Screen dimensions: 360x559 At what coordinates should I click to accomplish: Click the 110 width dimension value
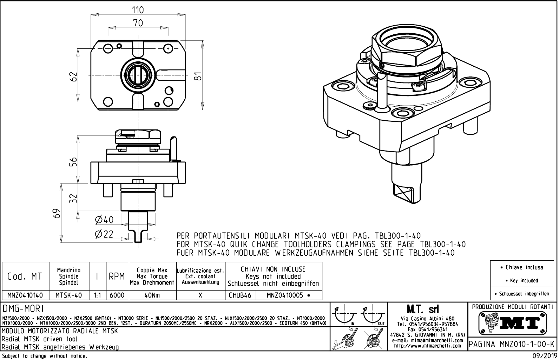(138, 10)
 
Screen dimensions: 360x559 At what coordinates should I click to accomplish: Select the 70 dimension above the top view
(138, 23)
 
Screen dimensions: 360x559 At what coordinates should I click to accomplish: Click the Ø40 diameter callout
(104, 220)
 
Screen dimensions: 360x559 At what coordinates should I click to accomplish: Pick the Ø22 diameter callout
(104, 234)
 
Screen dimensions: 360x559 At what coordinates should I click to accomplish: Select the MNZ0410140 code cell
(25, 295)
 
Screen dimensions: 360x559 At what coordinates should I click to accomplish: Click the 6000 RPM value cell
(117, 295)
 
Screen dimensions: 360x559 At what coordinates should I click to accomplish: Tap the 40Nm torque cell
(152, 295)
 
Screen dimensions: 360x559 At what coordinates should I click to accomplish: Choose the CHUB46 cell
(241, 295)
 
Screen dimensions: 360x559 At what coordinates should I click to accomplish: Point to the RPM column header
(117, 276)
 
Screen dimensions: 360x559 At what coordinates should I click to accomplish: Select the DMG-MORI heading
(23, 308)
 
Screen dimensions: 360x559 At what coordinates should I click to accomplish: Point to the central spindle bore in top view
(138, 74)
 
